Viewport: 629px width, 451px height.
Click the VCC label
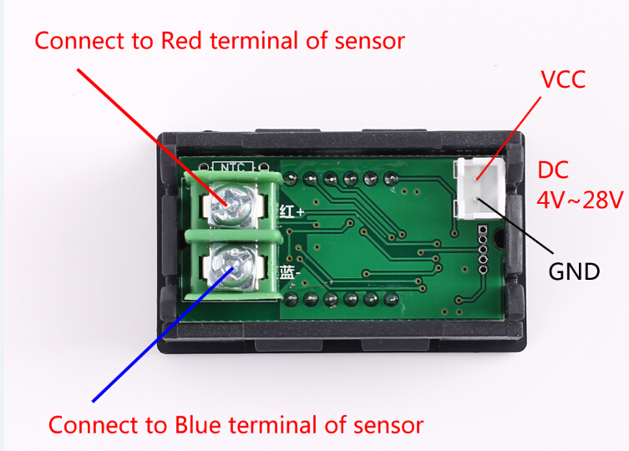pos(563,81)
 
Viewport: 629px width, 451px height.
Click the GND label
pos(574,271)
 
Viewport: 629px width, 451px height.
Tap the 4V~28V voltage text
pos(580,200)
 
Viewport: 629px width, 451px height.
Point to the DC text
pos(553,171)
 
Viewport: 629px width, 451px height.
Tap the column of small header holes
pos(482,249)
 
